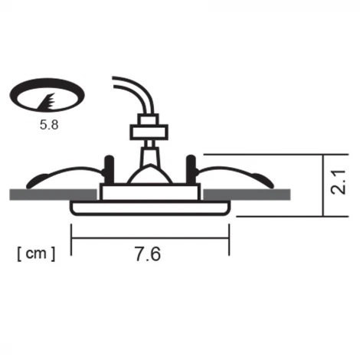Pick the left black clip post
(x=108, y=168)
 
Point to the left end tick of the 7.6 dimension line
(x=70, y=238)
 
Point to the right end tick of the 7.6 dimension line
(x=229, y=238)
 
